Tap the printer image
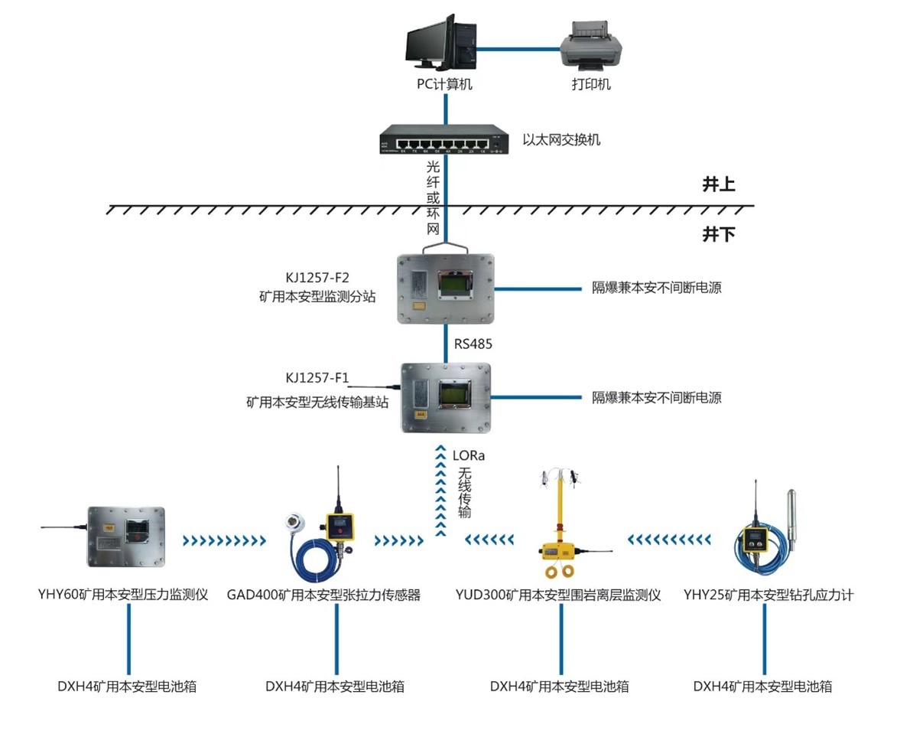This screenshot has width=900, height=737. (591, 44)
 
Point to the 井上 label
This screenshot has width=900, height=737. (718, 184)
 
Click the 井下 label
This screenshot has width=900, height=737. (718, 235)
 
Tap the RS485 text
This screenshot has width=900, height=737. (473, 344)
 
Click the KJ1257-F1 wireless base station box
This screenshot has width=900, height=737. (446, 397)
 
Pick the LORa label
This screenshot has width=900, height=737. (468, 456)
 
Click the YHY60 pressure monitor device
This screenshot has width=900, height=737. (125, 535)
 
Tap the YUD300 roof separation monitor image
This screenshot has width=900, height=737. (557, 528)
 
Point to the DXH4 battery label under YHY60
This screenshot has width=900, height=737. (127, 686)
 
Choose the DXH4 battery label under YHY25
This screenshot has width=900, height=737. (762, 686)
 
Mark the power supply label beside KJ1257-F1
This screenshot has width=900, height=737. (657, 398)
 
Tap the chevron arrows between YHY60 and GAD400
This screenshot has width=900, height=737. (224, 541)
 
